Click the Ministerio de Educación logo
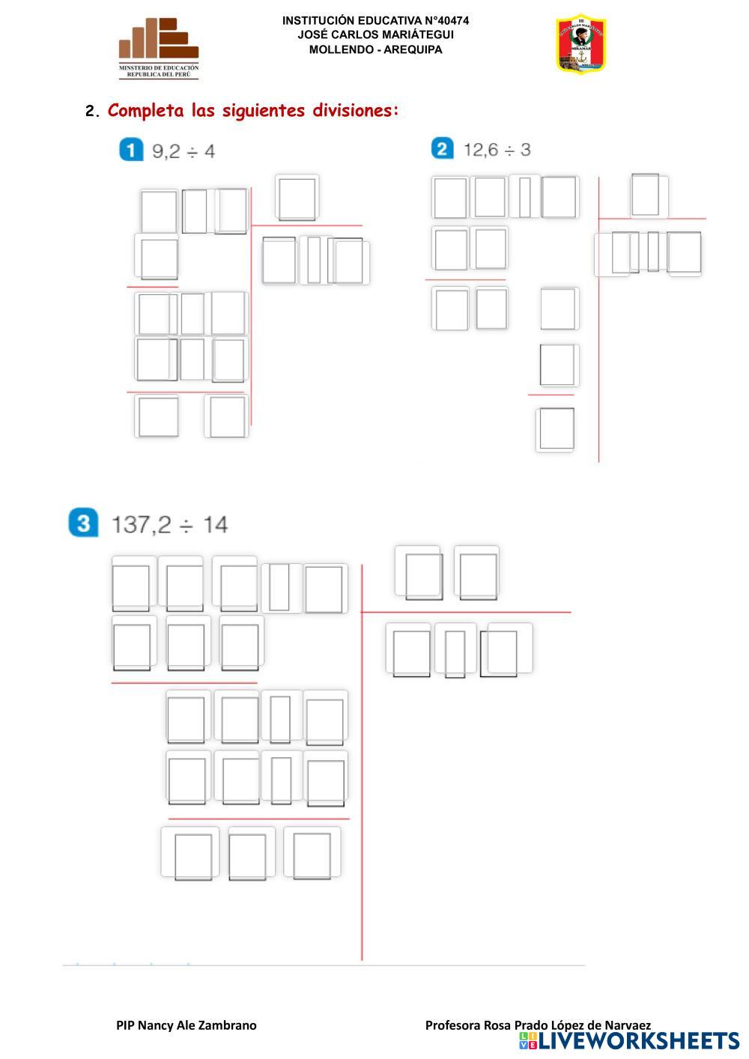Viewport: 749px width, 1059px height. point(159,48)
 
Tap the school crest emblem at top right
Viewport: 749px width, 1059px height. point(580,45)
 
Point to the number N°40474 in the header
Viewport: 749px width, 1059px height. point(441,21)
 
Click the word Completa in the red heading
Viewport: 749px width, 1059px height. point(145,111)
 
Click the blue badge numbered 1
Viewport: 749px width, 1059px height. point(130,150)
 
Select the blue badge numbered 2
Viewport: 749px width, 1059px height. point(442,148)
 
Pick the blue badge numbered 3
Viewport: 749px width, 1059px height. point(83,522)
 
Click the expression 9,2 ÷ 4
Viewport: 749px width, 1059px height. point(184,151)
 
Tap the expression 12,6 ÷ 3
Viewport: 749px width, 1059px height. point(497,150)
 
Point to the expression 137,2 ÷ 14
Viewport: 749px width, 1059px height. point(170,524)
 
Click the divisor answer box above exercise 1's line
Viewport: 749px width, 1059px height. point(297,198)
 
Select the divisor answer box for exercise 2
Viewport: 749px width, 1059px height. point(646,195)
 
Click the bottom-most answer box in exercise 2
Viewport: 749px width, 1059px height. point(556,429)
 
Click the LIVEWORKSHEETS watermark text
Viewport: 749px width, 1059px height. point(638,1041)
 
